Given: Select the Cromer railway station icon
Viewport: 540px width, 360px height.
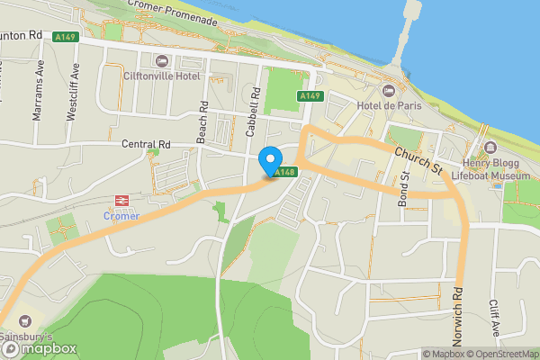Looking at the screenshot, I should (120, 202).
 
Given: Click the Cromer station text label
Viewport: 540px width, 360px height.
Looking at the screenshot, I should (120, 217).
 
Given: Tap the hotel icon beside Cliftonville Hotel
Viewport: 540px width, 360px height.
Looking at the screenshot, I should (162, 61).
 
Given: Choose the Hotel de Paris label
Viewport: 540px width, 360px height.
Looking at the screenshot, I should (389, 104).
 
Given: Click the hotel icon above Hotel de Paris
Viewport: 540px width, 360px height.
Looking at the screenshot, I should (389, 90).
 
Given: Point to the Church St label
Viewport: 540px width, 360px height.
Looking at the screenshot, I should (419, 161).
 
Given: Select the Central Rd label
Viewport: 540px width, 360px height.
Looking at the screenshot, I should (146, 143).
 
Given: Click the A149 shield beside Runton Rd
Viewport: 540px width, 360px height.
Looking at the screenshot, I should (64, 37).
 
